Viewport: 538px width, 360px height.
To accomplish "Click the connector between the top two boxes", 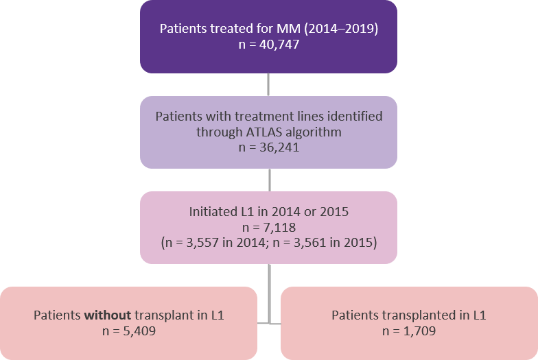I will coord(268,84).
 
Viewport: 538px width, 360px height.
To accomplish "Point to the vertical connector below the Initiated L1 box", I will coord(268,288).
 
